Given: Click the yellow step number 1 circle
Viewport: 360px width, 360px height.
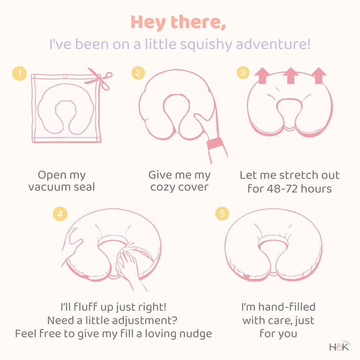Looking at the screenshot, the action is pyautogui.click(x=20, y=74).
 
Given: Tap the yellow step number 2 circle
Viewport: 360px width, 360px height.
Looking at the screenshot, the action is pyautogui.click(x=138, y=73).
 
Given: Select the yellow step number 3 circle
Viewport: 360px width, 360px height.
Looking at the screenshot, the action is pyautogui.click(x=243, y=72).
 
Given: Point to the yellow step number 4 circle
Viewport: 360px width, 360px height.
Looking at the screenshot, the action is pyautogui.click(x=60, y=214).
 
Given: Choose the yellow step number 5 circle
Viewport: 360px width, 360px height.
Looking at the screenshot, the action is pyautogui.click(x=222, y=214).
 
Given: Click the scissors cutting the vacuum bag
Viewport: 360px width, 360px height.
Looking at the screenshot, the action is pyautogui.click(x=99, y=79).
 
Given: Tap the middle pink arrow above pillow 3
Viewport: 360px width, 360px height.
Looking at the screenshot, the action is pyautogui.click(x=291, y=75).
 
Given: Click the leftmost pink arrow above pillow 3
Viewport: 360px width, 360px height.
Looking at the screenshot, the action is pyautogui.click(x=262, y=75).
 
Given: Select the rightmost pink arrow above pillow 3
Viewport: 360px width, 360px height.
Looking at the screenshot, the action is pyautogui.click(x=319, y=75).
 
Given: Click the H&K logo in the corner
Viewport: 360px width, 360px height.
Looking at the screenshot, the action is pyautogui.click(x=340, y=346).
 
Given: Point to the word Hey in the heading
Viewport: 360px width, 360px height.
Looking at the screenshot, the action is pyautogui.click(x=148, y=23).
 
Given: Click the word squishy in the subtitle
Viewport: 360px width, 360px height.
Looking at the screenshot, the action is pyautogui.click(x=206, y=44).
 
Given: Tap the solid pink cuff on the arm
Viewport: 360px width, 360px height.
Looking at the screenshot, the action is pyautogui.click(x=215, y=144).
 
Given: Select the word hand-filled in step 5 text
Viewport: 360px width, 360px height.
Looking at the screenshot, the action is pyautogui.click(x=287, y=307).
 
